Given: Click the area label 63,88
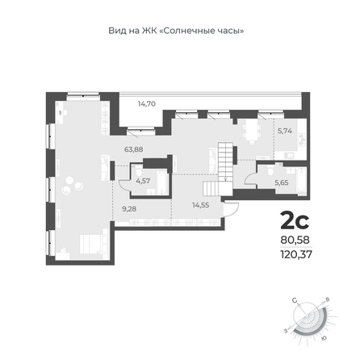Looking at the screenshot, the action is pos(133,149).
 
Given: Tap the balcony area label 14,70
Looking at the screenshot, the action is pos(147,103).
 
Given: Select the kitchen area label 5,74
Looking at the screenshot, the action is pos(285,131).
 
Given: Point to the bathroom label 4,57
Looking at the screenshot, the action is pos(143,181).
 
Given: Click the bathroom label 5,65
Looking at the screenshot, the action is pos(282,182).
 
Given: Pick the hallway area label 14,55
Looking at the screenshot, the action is pos(201,205).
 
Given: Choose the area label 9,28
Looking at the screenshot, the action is pos(129,208).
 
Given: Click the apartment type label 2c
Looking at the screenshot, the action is pos(295,221).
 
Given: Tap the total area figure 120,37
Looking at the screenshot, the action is pos(296,254).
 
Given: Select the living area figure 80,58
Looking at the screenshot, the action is pos(295,240).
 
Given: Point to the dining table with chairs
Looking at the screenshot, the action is pos(252,132).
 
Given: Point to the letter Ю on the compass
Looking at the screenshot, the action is pos(324,338).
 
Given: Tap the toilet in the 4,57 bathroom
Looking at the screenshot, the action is pos(139,171).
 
